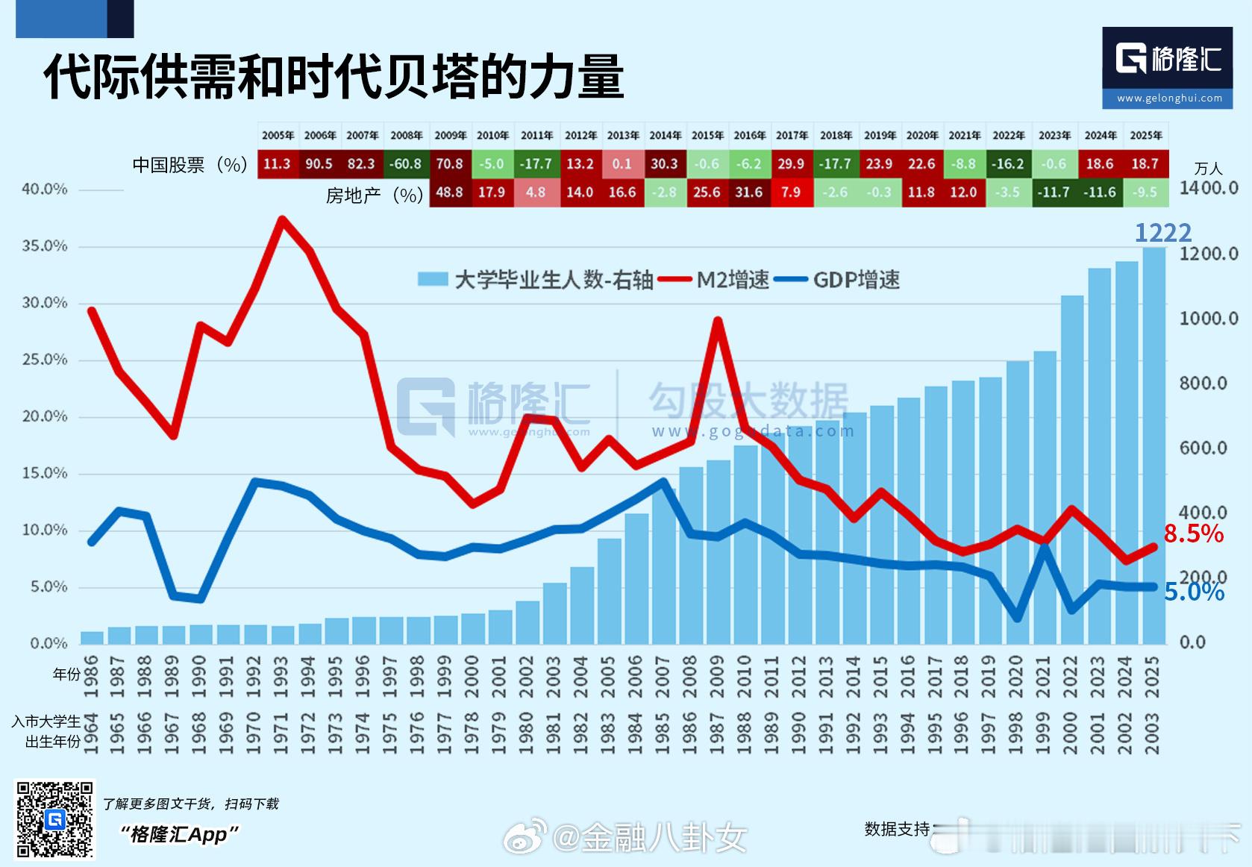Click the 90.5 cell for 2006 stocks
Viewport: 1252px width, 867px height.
pyautogui.click(x=319, y=164)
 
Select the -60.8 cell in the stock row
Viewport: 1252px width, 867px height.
pyautogui.click(x=406, y=164)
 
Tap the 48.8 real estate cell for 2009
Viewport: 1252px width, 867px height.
pyautogui.click(x=449, y=193)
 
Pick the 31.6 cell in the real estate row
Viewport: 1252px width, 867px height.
pyautogui.click(x=748, y=193)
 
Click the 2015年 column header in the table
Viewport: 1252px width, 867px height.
pyautogui.click(x=707, y=135)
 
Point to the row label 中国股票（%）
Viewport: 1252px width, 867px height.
pyautogui.click(x=190, y=165)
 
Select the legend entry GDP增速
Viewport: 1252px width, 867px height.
pyautogui.click(x=837, y=280)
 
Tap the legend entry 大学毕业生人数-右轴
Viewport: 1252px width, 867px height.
pyautogui.click(x=536, y=280)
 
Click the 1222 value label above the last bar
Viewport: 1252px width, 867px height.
pyautogui.click(x=1162, y=233)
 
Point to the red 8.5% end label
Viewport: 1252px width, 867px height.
pyautogui.click(x=1194, y=533)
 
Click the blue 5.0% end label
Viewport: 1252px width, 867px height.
pyautogui.click(x=1194, y=592)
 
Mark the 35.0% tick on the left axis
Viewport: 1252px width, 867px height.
pyautogui.click(x=45, y=246)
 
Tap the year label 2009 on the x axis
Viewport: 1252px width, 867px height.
pyautogui.click(x=717, y=676)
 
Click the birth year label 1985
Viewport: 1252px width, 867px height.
pyautogui.click(x=662, y=733)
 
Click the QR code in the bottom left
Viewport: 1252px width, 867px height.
pyautogui.click(x=55, y=819)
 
